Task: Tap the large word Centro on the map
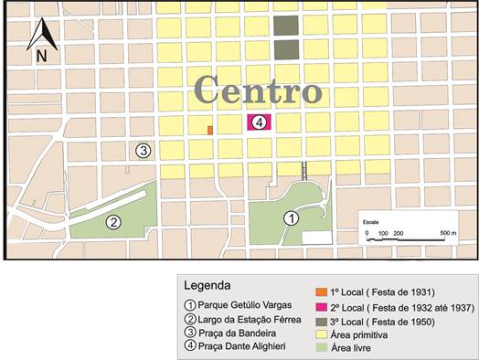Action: coord(258,90)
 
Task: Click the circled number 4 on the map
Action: coord(260,122)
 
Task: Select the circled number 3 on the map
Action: coord(143,151)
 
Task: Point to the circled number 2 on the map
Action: coord(113,221)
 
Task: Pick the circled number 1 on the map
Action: coord(291,217)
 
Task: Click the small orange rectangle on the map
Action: coord(210,131)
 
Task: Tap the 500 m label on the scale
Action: coord(447,234)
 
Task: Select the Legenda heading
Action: coord(208,284)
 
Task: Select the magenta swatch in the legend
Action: coord(339,308)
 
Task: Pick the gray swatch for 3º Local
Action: coord(339,322)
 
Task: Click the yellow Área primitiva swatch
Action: coord(339,335)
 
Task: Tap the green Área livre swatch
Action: coord(339,349)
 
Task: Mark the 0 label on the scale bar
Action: coord(367,234)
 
